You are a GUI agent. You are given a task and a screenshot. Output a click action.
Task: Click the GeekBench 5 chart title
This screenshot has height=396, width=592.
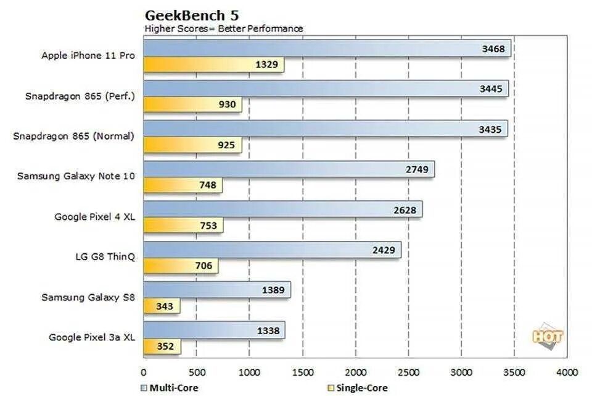(191, 15)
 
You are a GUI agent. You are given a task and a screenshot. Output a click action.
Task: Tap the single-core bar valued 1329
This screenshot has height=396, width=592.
(213, 64)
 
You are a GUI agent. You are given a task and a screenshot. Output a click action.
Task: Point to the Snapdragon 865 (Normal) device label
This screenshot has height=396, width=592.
(73, 136)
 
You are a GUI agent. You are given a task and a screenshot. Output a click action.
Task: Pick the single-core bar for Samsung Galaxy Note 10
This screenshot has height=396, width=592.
(183, 185)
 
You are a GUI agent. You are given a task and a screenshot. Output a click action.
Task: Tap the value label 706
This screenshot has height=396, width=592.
(203, 266)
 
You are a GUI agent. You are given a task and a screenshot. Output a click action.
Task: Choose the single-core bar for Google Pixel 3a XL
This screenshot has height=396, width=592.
(162, 347)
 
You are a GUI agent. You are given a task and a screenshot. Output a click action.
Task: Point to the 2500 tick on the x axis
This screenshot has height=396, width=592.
(408, 372)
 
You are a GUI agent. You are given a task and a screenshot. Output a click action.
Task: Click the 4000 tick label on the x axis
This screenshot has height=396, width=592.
(567, 372)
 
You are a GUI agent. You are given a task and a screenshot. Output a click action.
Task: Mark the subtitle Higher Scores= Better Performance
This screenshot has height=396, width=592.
(223, 28)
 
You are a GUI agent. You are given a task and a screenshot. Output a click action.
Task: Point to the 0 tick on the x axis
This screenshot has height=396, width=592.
(144, 372)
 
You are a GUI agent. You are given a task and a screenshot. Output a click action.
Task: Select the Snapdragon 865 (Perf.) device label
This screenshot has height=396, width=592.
(80, 96)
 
